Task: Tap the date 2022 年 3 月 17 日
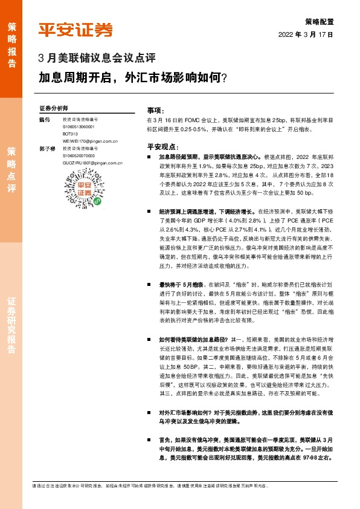tap(306, 34)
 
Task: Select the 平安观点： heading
tap(162, 146)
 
